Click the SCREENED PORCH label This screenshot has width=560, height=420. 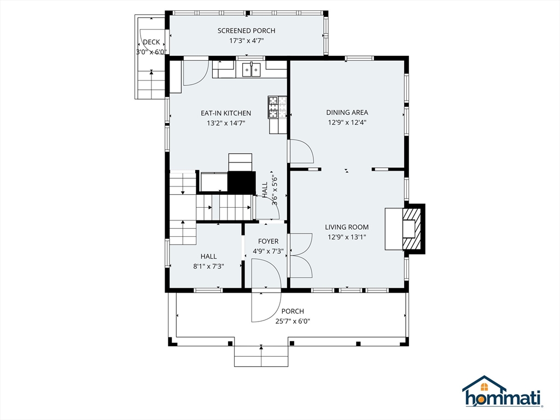pos(246,31)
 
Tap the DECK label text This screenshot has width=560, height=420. pos(151,42)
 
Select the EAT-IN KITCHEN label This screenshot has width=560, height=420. pos(226,113)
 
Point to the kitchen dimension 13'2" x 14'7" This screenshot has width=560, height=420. pos(226,123)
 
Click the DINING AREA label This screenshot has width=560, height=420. pos(347,113)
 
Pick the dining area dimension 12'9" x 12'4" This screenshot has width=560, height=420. pos(347,122)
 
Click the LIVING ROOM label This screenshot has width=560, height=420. pos(347,227)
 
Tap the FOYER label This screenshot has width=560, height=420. pos(268,241)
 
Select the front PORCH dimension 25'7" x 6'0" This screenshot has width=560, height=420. pos(293,322)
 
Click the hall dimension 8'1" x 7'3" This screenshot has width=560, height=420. pos(208,266)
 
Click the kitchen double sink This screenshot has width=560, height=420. pos(252,69)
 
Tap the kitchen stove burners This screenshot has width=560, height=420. pos(277,107)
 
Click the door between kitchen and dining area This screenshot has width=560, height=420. pos(300,151)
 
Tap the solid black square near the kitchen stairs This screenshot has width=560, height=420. pos(241,181)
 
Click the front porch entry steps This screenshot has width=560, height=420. pos(261,356)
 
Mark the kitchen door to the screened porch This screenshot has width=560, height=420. pos(194,73)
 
